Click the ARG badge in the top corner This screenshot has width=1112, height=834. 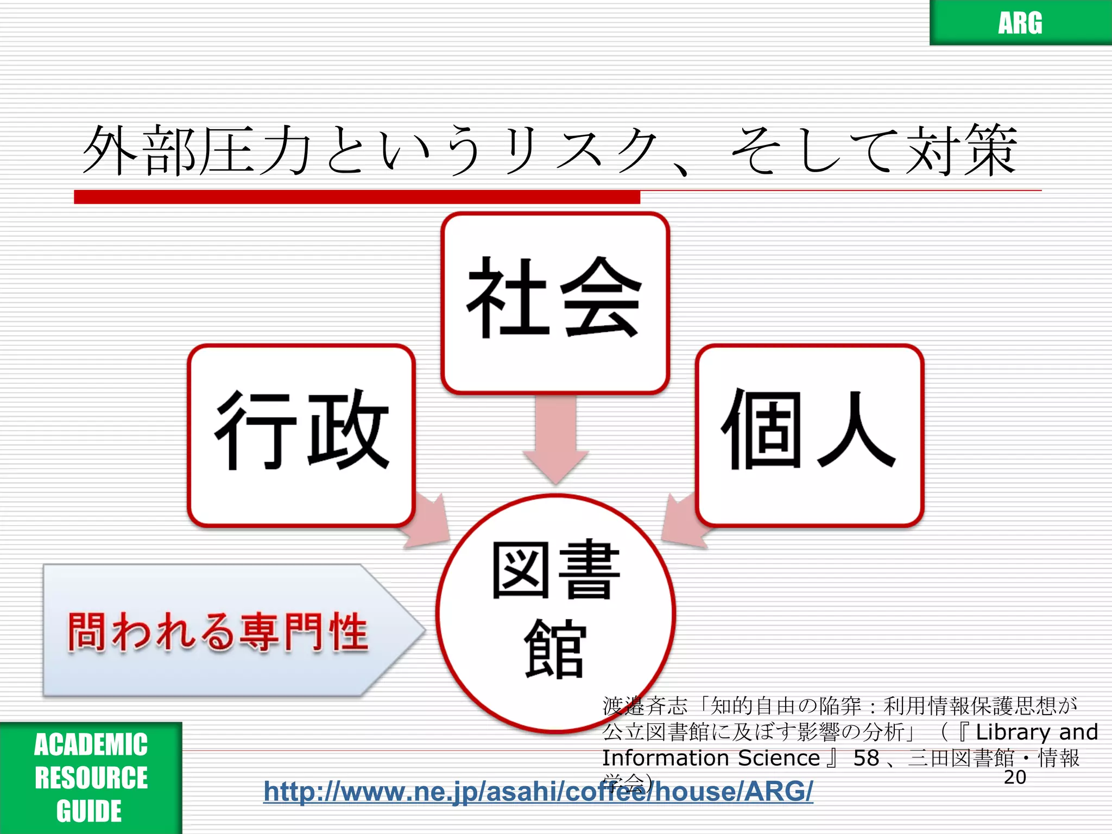1020,23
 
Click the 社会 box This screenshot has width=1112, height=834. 555,301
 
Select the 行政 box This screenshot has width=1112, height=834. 301,434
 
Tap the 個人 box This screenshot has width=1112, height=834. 809,434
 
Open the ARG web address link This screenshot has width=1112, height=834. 538,792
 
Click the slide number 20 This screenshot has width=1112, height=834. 1014,778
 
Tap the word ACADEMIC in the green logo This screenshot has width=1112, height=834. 91,744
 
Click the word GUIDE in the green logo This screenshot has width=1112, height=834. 89,811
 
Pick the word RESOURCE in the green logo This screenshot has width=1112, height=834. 91,778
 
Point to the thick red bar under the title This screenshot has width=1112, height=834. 357,197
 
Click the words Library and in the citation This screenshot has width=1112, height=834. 1037,732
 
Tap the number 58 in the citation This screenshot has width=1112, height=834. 865,758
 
